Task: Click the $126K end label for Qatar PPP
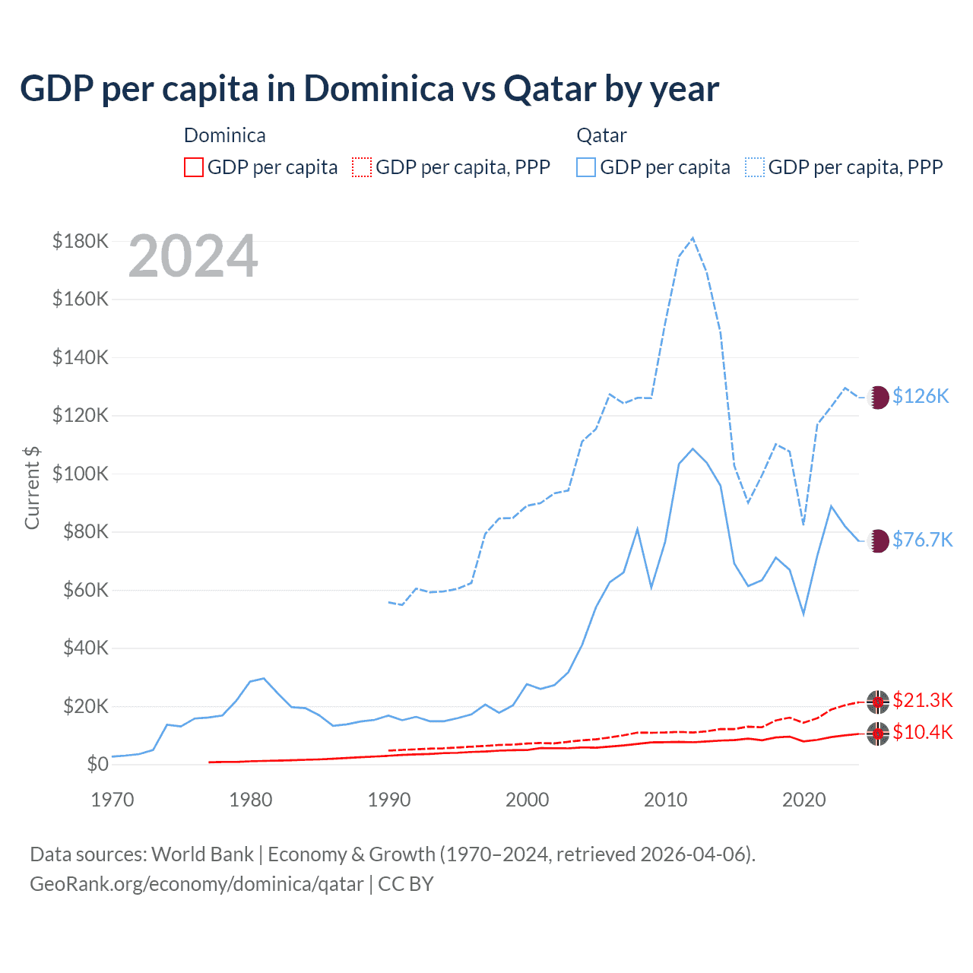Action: coord(921,396)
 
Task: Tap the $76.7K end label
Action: coord(922,540)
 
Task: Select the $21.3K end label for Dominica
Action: coord(922,700)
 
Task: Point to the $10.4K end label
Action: coord(922,732)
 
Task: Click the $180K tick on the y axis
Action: coord(81,241)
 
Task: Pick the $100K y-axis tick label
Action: coord(81,474)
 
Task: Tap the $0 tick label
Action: coord(97,764)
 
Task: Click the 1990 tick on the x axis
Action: coord(389,800)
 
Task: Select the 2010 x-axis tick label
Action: coord(666,800)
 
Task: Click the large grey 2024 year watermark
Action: coord(193,256)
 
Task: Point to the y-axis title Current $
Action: coord(32,487)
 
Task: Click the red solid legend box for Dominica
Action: coord(194,167)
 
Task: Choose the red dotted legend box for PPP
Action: coord(362,167)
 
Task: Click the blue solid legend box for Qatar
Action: coord(586,167)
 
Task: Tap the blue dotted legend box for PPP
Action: coord(755,167)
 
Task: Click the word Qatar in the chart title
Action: coord(550,88)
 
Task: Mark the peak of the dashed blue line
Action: coord(693,238)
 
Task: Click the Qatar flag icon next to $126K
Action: coord(878,397)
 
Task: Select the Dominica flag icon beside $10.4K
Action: coord(878,734)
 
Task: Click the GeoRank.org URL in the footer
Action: coord(196,884)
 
